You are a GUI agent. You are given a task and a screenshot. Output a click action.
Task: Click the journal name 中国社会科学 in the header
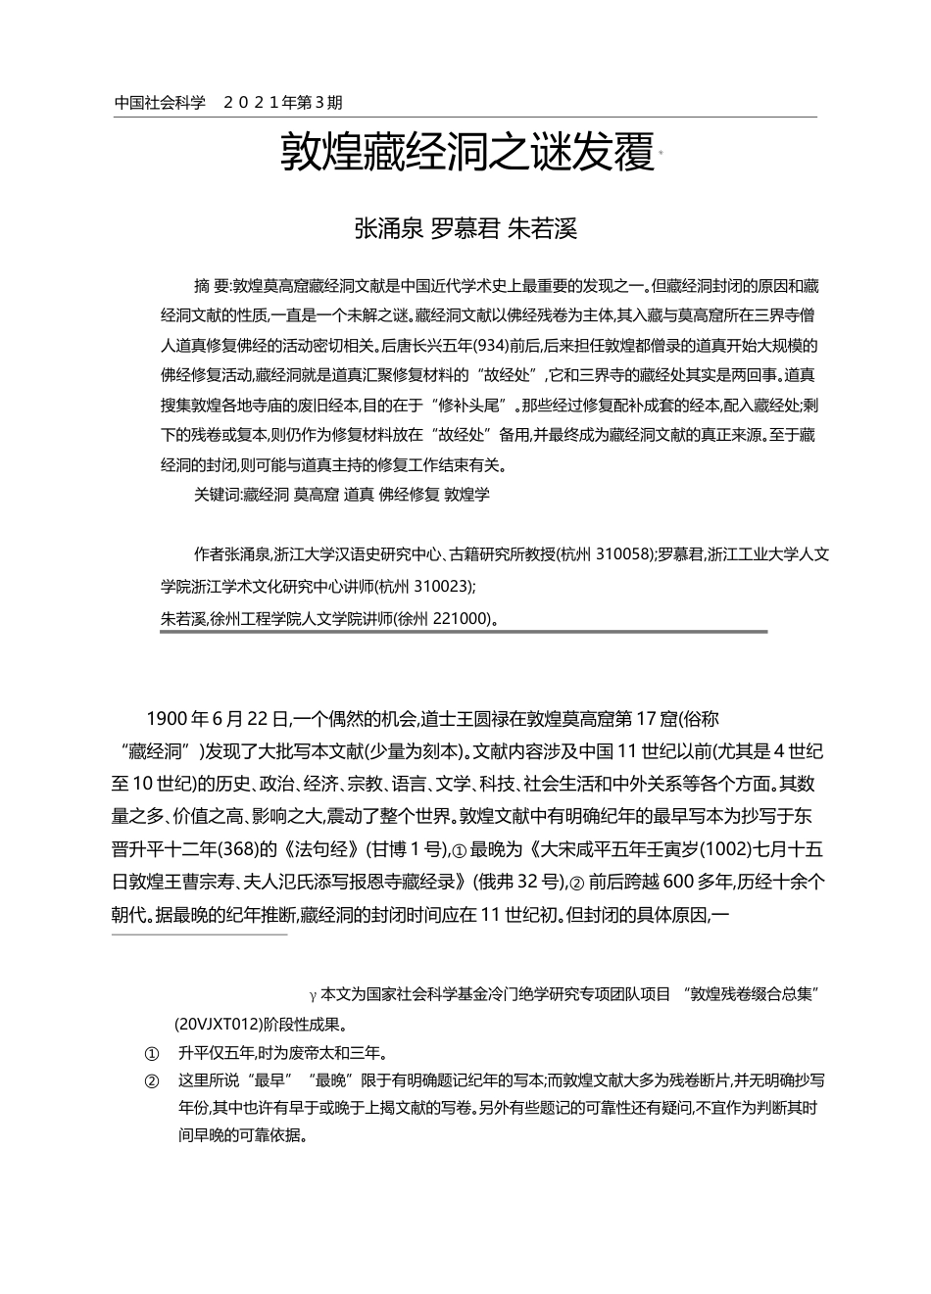click(160, 102)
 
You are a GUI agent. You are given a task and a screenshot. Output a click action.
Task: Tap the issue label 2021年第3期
click(283, 102)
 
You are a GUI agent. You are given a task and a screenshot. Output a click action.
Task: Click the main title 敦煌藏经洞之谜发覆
click(466, 154)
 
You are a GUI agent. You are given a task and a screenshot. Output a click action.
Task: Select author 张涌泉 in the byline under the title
click(388, 229)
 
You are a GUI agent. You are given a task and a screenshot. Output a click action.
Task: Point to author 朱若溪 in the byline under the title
click(542, 229)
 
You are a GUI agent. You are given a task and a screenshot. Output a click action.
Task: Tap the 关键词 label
click(217, 495)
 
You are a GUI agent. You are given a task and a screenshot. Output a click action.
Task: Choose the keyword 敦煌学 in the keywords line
click(467, 495)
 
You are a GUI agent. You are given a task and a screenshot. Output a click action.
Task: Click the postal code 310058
click(623, 554)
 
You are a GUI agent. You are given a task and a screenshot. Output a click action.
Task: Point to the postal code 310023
click(442, 587)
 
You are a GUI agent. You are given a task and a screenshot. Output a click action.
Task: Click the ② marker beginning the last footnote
click(151, 1081)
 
